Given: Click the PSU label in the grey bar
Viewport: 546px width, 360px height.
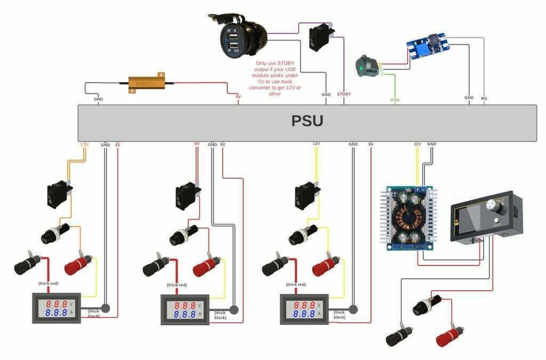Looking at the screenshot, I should click(307, 122).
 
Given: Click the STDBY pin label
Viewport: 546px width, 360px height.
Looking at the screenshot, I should click(344, 94).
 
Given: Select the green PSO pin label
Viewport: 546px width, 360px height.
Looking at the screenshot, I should click(395, 100).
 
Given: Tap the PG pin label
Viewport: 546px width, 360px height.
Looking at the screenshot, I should click(484, 98).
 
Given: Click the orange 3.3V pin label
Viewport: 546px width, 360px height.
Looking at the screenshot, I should click(84, 145).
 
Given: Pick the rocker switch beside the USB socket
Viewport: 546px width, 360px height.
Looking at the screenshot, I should click(320, 37).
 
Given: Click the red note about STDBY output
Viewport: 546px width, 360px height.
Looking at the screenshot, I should click(275, 78).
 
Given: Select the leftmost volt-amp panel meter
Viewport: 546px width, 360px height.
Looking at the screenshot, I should click(55, 309).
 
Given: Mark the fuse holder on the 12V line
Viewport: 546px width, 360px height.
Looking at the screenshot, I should click(301, 234).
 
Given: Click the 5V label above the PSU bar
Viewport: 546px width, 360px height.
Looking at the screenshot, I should click(238, 97).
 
